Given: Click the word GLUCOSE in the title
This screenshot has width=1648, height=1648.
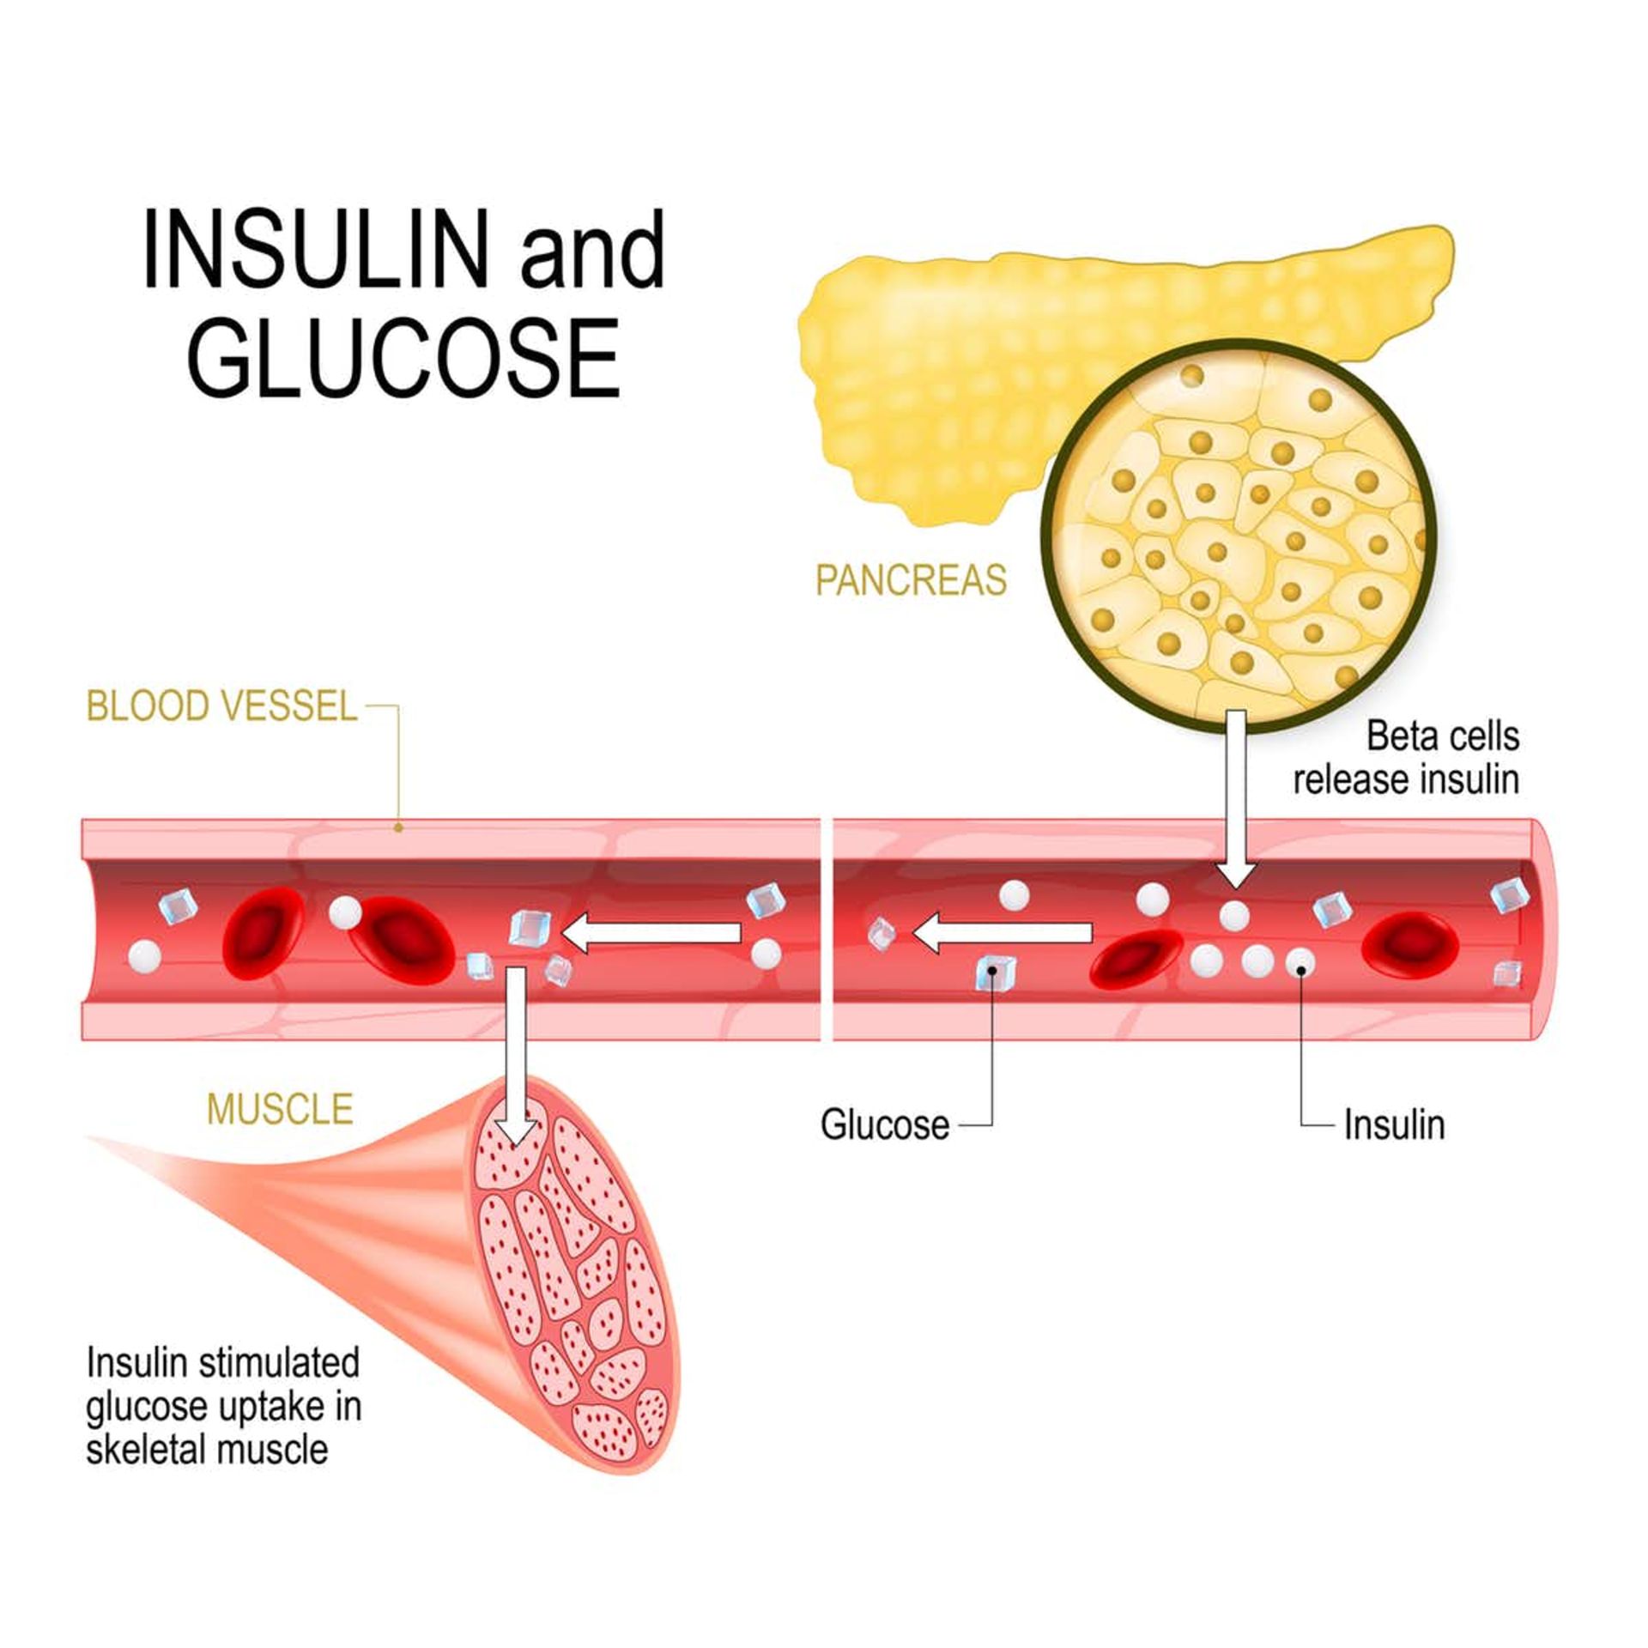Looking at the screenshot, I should click(x=403, y=358).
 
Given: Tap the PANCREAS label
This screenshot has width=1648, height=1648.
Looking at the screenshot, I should click(x=910, y=580).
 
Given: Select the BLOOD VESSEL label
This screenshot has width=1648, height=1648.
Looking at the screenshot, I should click(x=221, y=706).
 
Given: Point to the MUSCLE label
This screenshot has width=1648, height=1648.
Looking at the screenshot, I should click(x=280, y=1109).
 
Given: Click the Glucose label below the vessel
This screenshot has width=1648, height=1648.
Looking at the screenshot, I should click(x=885, y=1124).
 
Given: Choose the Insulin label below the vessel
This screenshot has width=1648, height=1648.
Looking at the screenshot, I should click(x=1394, y=1124).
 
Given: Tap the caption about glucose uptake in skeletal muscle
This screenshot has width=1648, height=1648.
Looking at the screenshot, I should click(x=223, y=1406).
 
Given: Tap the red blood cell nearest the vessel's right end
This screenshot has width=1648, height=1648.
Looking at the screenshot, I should click(x=1410, y=943).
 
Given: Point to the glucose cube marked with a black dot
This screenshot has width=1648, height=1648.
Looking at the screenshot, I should click(x=994, y=972).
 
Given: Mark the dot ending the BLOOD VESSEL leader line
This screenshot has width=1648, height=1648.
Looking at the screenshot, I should click(x=398, y=827).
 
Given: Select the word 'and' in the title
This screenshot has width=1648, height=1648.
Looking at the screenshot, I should click(x=592, y=250).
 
